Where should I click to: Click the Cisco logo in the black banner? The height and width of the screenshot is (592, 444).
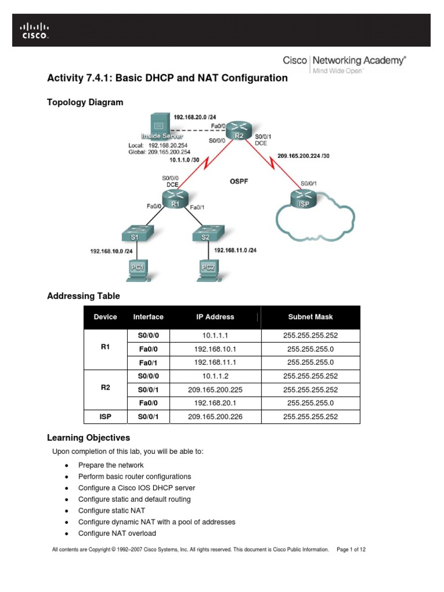(x=35, y=31)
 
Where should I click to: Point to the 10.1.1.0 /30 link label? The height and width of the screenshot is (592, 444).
(x=186, y=160)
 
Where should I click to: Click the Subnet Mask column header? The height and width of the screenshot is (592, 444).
(x=310, y=317)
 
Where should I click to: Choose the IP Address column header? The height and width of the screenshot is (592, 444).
(x=214, y=317)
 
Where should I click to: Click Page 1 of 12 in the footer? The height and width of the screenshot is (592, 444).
(x=350, y=549)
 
